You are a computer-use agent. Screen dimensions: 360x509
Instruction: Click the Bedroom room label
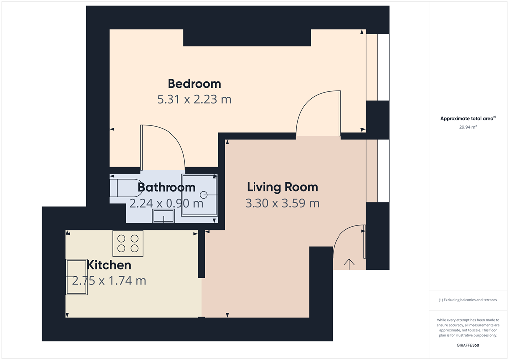point(194,83)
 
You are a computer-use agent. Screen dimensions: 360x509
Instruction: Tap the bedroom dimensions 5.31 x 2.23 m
point(194,99)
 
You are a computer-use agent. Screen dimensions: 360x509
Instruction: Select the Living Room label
point(282,187)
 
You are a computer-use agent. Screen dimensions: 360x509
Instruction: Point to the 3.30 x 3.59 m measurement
point(282,203)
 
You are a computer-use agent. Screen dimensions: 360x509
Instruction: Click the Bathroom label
point(167,188)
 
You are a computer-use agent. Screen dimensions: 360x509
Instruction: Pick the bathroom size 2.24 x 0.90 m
point(167,203)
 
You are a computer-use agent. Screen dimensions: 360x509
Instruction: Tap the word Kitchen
point(109,265)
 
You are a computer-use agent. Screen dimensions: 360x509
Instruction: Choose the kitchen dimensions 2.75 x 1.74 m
point(109,281)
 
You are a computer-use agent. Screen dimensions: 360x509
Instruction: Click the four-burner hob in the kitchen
point(128,243)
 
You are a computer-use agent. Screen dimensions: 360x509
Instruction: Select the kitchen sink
point(77,277)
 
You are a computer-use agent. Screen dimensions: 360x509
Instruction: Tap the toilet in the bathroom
point(124,187)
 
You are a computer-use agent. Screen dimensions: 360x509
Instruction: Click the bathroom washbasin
point(163,216)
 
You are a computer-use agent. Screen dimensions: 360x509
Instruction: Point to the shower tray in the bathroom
point(200,195)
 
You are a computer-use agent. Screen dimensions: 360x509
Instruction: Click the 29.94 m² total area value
point(468,127)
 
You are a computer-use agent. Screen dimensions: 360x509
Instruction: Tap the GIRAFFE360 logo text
point(468,345)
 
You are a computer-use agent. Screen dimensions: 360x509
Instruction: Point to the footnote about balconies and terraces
point(468,300)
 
